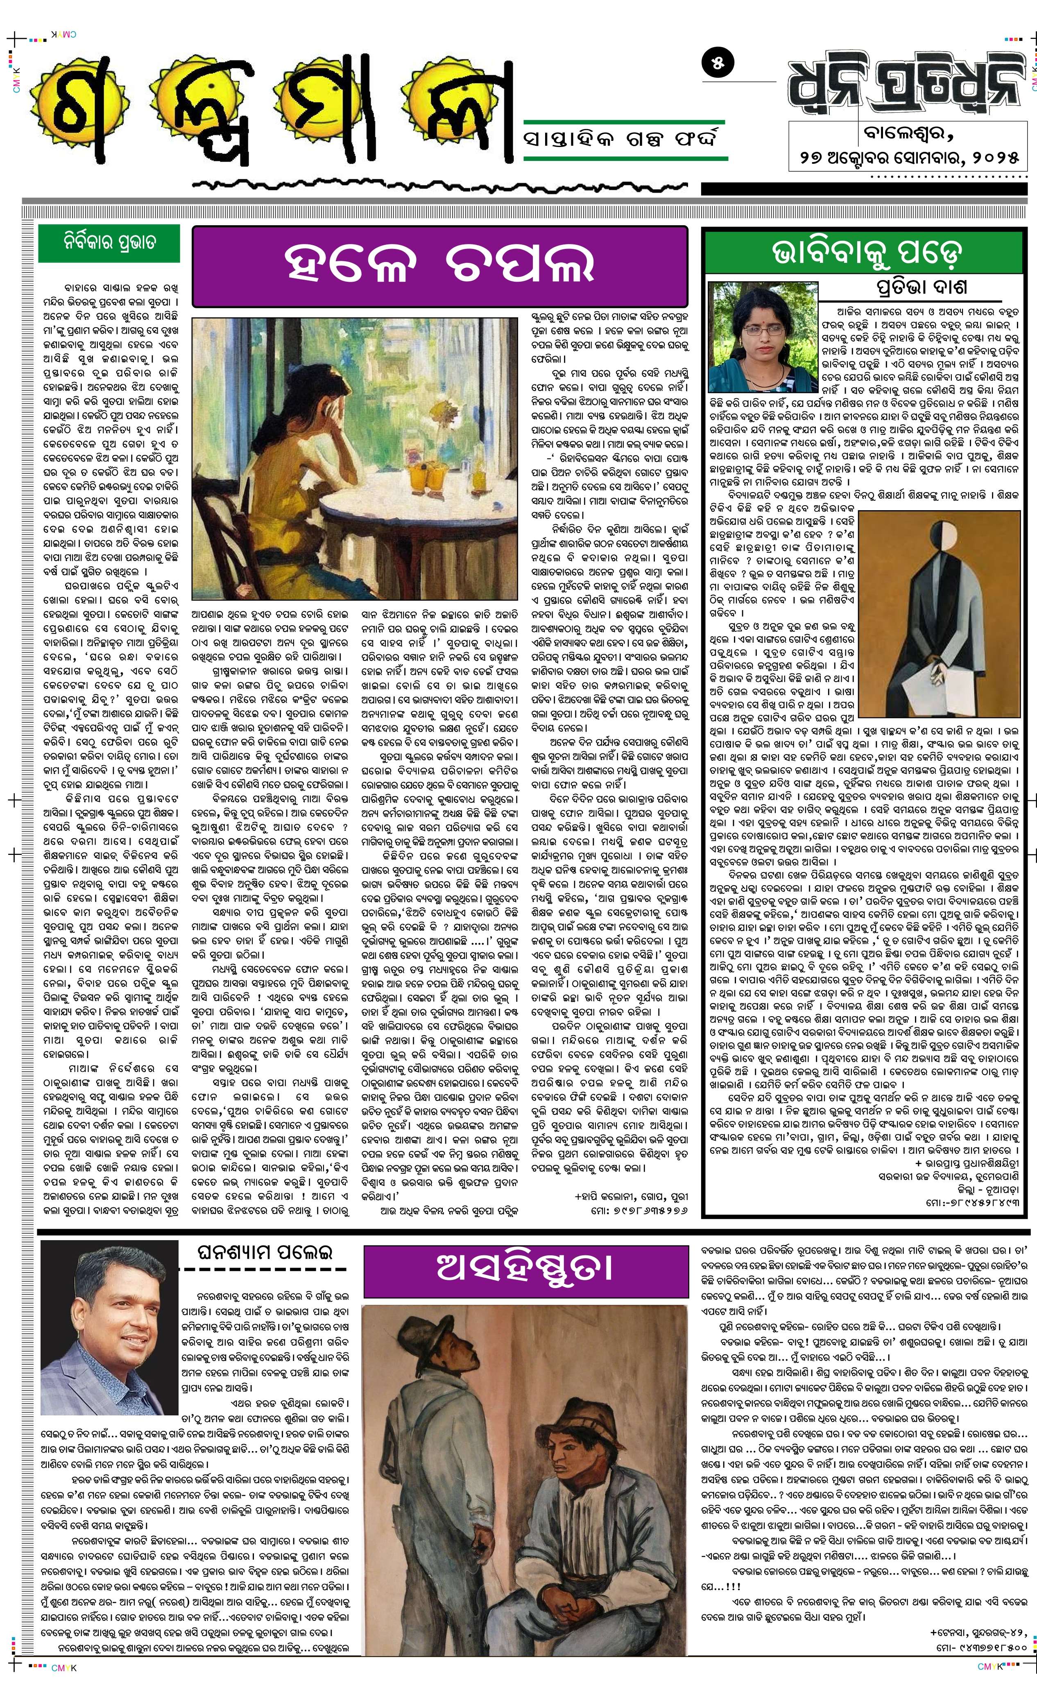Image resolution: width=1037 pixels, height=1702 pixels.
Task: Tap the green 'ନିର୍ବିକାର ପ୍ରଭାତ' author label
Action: (109, 243)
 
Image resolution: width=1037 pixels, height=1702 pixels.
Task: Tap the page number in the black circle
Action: (718, 63)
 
